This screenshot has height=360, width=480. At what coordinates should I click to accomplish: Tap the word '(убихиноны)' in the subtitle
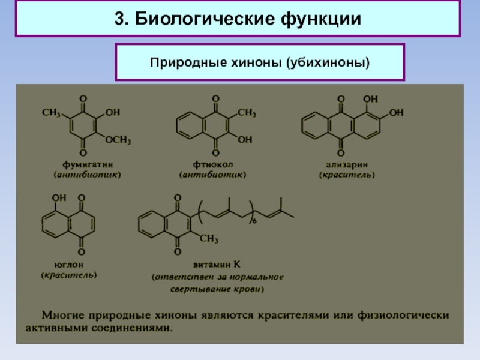point(323,62)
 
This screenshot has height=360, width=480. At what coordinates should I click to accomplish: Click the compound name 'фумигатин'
point(87,163)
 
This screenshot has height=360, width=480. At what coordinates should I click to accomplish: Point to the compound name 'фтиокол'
point(213,163)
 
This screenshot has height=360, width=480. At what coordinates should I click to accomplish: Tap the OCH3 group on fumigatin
point(118,140)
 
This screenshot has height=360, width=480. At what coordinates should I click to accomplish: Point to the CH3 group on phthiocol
point(246,112)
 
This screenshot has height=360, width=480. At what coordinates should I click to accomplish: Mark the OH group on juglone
point(59,197)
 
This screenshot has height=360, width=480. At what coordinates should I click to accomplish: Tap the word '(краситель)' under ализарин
point(347,175)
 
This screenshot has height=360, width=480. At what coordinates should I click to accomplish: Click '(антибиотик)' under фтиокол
point(212,175)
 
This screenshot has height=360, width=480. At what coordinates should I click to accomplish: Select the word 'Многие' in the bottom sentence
point(58,314)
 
